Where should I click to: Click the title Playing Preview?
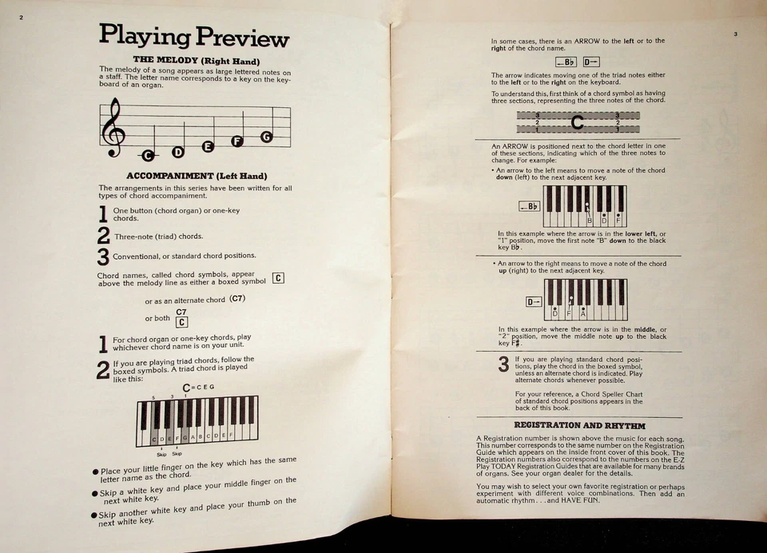point(193,35)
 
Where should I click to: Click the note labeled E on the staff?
point(208,146)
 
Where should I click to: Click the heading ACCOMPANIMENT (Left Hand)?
point(197,176)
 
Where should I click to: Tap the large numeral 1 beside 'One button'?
point(103,214)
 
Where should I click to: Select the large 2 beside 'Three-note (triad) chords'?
point(103,236)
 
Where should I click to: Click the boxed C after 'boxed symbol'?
point(278,278)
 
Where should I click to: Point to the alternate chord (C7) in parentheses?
point(237,299)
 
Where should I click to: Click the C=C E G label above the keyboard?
point(198,388)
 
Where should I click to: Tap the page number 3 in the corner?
point(735,34)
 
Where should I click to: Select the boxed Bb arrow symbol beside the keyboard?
point(529,206)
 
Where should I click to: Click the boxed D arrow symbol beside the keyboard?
point(535,301)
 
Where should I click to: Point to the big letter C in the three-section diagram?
point(578,122)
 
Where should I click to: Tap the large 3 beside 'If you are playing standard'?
point(503,365)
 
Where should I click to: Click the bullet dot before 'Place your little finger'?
point(94,471)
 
